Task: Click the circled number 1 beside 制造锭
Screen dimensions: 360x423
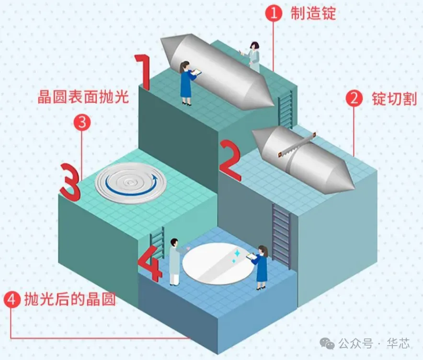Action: pos(274,13)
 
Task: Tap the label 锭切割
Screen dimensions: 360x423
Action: pos(394,99)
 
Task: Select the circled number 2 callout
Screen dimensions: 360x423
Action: pos(354,99)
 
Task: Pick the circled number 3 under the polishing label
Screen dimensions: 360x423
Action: pos(82,123)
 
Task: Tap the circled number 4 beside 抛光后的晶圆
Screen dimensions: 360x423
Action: pos(12,301)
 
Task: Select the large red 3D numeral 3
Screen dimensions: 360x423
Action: pos(70,182)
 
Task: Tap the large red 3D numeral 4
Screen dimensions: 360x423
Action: pos(149,262)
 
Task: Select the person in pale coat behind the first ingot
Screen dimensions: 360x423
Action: pos(254,55)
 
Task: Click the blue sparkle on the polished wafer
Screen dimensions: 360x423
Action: pos(237,253)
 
